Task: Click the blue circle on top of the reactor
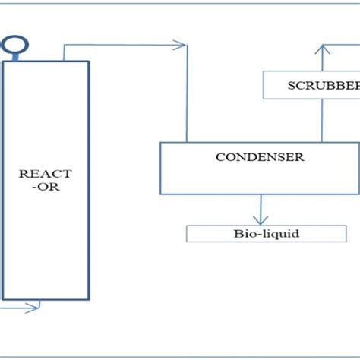[11, 45]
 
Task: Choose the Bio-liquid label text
[266, 233]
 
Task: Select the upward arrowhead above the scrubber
[323, 49]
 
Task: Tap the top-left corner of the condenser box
[159, 142]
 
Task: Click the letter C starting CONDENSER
[219, 157]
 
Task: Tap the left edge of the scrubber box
[263, 85]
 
